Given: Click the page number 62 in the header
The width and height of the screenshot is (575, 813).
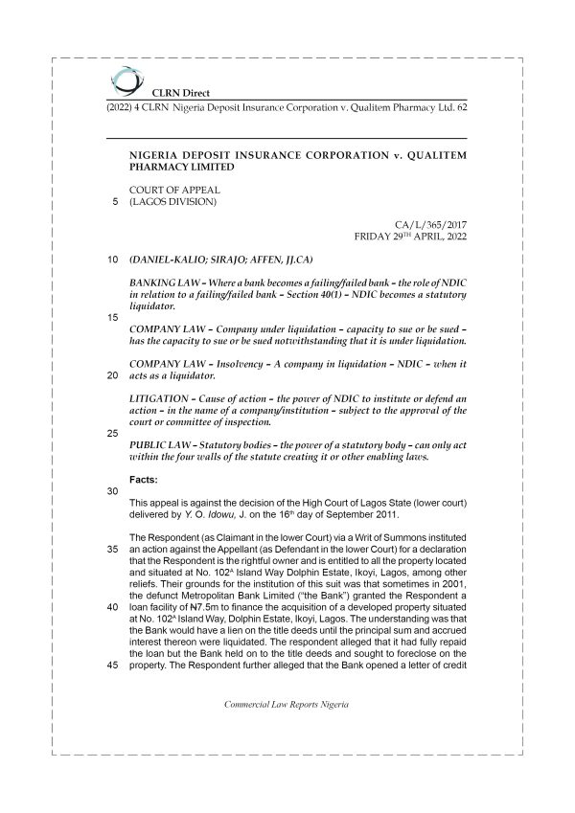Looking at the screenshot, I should click(x=462, y=108).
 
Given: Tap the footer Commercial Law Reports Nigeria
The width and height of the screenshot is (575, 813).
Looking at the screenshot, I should click(x=287, y=731).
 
